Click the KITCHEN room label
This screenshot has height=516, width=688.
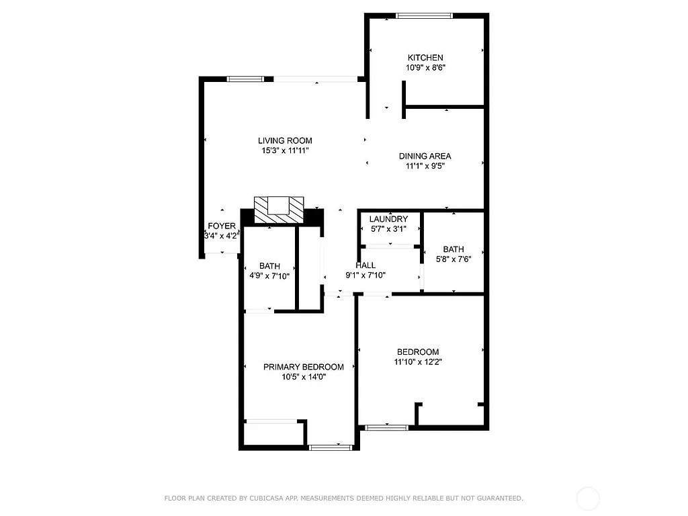click(x=425, y=58)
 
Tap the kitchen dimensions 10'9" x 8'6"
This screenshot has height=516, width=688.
click(x=425, y=68)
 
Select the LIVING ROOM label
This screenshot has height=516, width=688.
click(x=285, y=140)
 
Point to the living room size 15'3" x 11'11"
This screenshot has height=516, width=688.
click(x=285, y=150)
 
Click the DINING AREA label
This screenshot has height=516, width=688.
click(x=425, y=156)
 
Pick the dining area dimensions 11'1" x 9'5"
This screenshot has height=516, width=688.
click(x=425, y=166)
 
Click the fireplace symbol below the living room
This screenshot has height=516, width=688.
click(x=279, y=209)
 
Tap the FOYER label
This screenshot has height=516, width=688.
click(x=222, y=226)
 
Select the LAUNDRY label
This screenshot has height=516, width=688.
click(x=388, y=219)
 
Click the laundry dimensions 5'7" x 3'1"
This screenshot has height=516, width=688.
click(x=388, y=229)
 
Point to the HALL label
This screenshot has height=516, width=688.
click(x=365, y=265)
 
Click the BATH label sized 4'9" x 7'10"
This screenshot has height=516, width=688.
click(x=269, y=266)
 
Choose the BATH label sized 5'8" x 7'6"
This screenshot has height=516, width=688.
click(x=453, y=249)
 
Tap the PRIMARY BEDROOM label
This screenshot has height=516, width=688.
click(x=303, y=367)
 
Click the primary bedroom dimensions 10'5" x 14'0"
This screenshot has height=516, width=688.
click(x=303, y=377)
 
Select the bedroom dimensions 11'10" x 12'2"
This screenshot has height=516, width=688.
click(x=418, y=362)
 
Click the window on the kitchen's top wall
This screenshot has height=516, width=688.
click(x=424, y=15)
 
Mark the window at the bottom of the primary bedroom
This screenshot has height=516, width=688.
click(x=331, y=447)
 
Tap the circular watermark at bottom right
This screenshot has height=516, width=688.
click(x=588, y=499)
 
